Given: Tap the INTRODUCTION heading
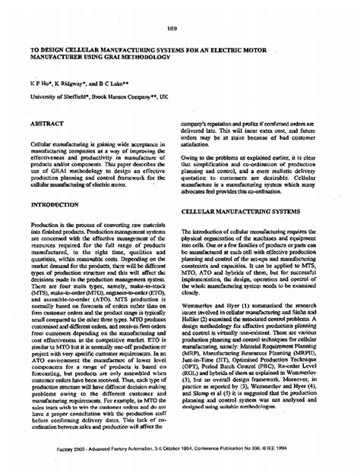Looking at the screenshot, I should point(54,204).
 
